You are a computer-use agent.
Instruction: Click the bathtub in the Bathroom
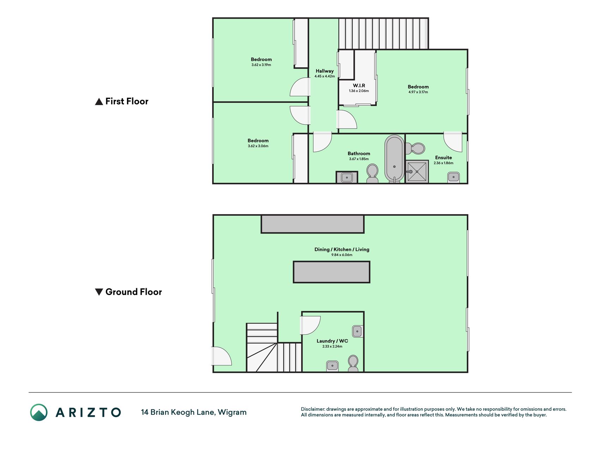click(394, 159)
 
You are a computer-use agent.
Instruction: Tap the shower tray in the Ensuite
click(417, 172)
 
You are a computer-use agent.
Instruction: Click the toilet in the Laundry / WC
click(353, 364)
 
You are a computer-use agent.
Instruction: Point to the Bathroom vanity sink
click(347, 177)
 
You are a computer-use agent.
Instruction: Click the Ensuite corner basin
click(453, 177)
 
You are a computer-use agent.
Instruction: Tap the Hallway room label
click(324, 71)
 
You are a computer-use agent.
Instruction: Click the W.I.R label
click(359, 85)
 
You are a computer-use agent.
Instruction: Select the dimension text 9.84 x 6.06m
click(342, 255)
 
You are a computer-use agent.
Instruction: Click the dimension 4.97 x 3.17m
click(418, 92)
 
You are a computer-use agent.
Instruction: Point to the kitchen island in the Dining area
click(332, 272)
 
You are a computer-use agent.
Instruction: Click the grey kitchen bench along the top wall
click(312, 224)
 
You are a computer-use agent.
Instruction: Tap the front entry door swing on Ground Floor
click(221, 356)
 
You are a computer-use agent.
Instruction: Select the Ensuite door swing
click(453, 142)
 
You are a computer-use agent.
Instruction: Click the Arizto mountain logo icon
click(39, 412)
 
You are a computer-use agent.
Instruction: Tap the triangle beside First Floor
click(99, 101)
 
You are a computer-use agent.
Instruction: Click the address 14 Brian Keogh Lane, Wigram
click(194, 412)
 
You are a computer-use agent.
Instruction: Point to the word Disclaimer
click(313, 409)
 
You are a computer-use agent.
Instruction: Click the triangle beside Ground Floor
click(99, 292)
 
